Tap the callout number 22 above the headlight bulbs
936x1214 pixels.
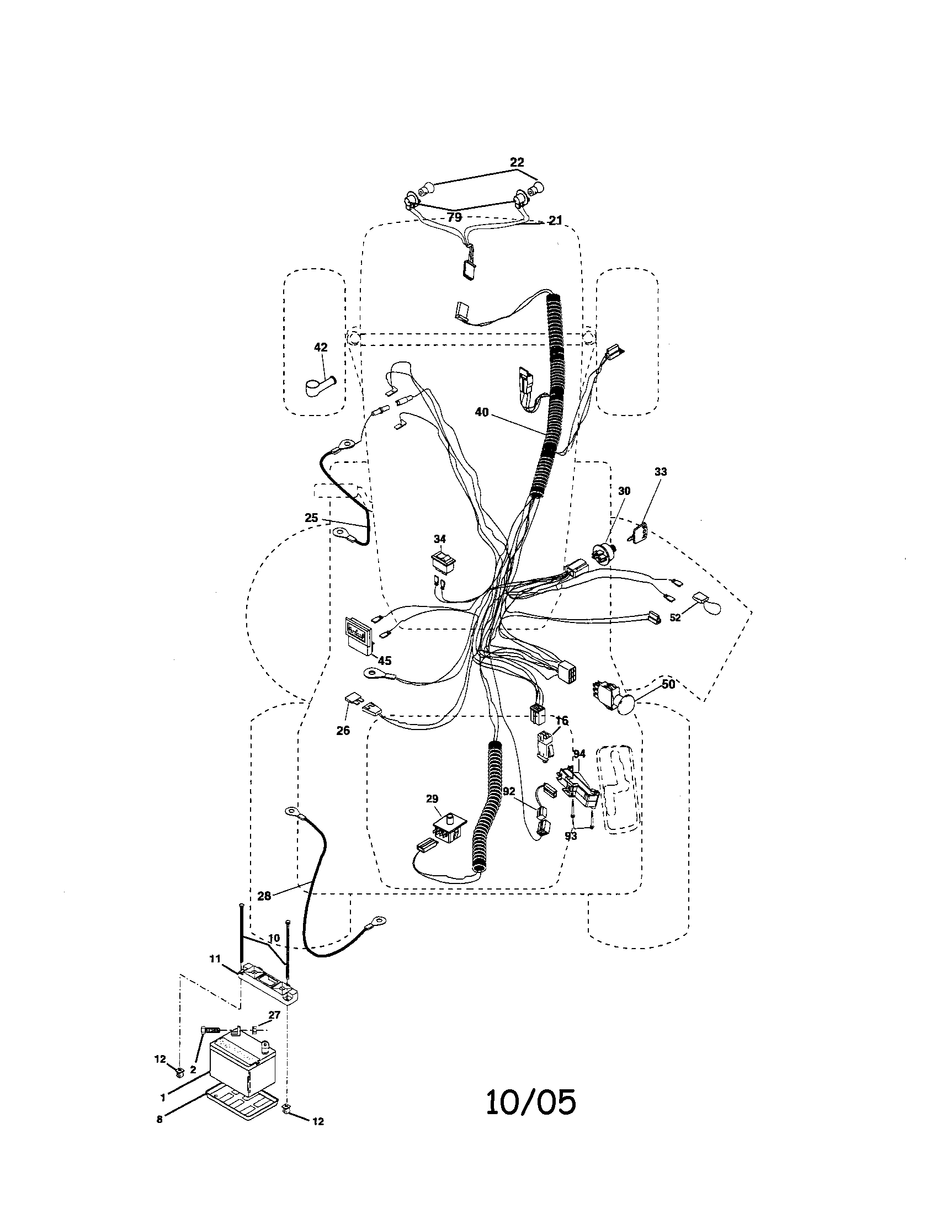coord(517,162)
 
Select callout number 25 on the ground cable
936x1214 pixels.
coord(311,518)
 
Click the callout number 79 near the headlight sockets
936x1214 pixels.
coord(455,217)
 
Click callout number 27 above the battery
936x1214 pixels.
coord(274,1014)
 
